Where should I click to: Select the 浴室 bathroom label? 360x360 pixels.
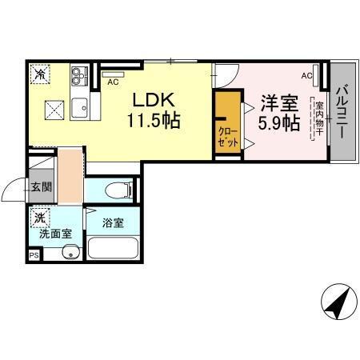[113, 223]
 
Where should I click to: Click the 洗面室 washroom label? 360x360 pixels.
[56, 234]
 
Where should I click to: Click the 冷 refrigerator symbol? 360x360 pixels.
[39, 74]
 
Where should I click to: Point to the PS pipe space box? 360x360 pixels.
[34, 254]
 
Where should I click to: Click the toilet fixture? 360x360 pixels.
[117, 190]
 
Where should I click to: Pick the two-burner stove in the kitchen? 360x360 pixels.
[78, 78]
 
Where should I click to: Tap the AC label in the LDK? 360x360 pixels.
[112, 82]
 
